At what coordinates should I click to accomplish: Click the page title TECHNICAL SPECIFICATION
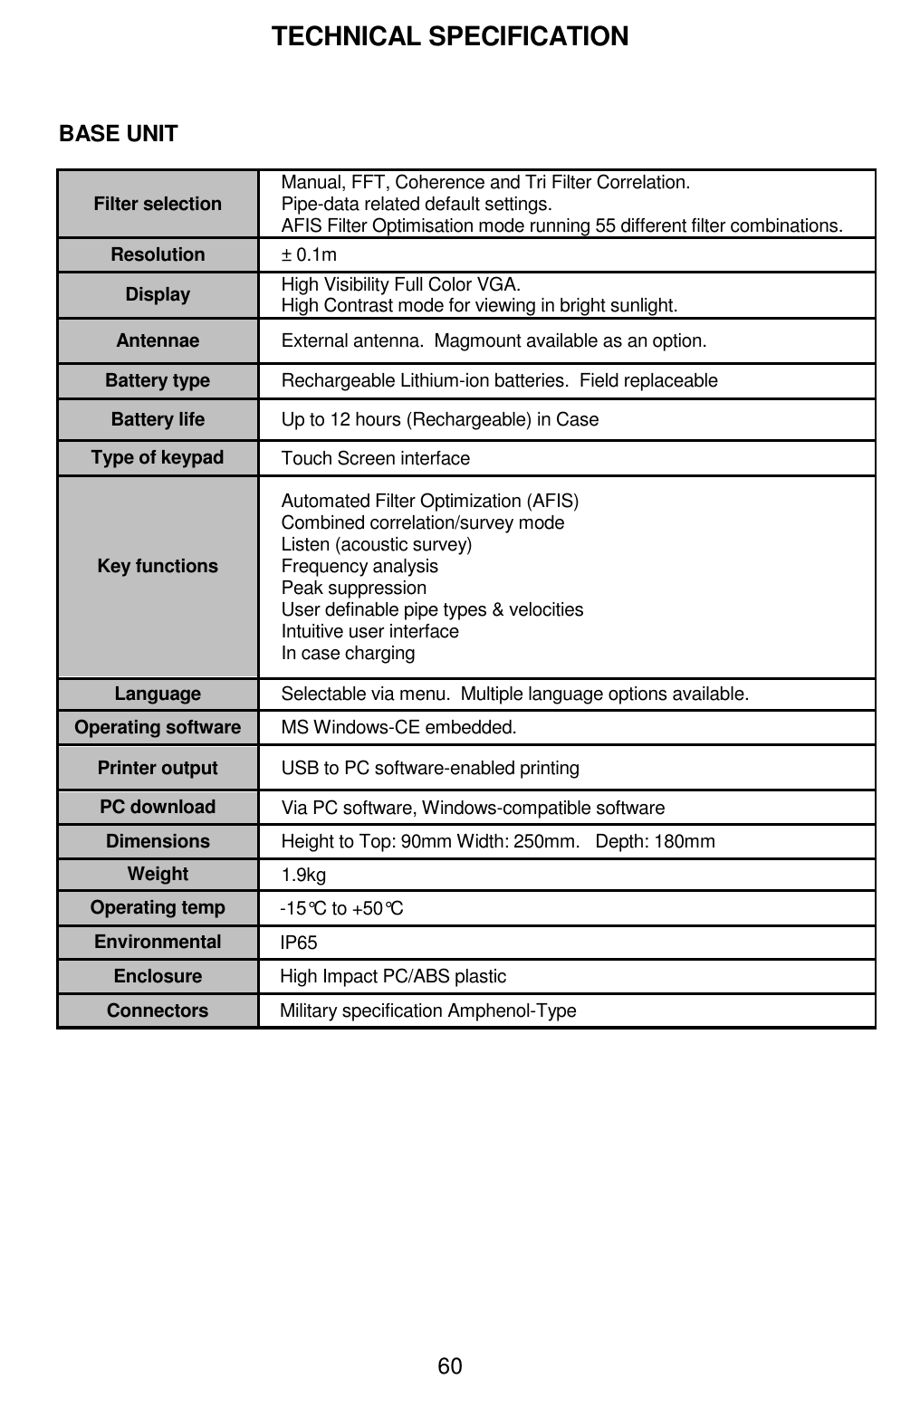coord(450,36)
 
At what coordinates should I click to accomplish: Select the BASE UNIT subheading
coord(119,134)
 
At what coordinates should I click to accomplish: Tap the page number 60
coord(450,1365)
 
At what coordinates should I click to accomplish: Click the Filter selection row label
coord(158,204)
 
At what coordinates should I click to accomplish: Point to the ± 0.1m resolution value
coord(309,254)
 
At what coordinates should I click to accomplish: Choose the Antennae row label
coord(158,340)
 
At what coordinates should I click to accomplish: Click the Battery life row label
coord(158,419)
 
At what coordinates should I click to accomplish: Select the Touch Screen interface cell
coord(376,458)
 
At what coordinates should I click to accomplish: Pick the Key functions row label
coord(158,566)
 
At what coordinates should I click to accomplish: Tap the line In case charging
coord(349,653)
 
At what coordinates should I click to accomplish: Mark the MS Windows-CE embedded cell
coord(398,727)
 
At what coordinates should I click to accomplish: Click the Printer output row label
coord(158,768)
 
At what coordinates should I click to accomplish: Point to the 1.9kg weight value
coord(303,875)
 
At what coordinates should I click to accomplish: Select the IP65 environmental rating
coord(299,943)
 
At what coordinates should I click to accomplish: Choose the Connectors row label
coord(158,1010)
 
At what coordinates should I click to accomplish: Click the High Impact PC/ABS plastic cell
coord(393,976)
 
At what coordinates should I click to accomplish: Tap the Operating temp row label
coord(158,907)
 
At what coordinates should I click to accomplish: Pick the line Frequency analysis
coord(359,566)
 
